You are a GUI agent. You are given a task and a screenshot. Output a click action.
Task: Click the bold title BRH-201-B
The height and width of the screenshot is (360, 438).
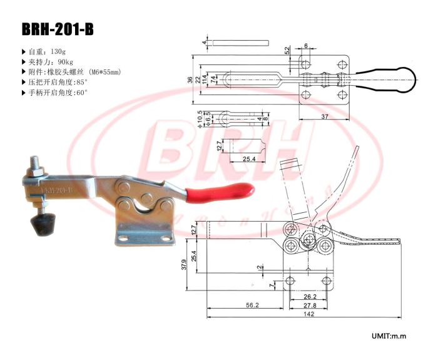58,29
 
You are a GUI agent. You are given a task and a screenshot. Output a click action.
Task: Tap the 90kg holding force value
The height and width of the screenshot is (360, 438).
66,62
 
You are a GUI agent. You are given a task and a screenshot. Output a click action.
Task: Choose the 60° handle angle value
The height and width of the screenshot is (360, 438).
83,92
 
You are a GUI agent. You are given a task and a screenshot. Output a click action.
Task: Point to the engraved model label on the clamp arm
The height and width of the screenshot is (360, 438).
56,188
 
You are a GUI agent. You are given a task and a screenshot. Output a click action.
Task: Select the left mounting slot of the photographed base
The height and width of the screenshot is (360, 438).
128,238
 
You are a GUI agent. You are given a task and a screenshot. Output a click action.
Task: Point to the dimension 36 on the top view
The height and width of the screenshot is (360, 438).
190,80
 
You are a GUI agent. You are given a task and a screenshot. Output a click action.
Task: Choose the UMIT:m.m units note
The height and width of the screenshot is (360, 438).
389,336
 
